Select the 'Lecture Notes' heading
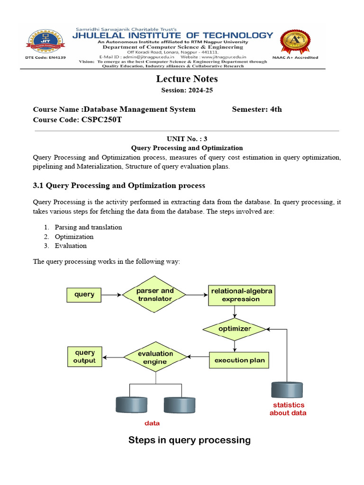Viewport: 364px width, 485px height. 187,79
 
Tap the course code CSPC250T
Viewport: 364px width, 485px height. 101,120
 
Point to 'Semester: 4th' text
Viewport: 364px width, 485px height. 257,109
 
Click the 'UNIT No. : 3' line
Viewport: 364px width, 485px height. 187,139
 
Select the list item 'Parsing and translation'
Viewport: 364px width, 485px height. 88,227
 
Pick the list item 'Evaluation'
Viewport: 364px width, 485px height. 71,246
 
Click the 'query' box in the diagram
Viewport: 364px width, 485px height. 84,295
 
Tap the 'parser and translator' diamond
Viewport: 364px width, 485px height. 155,295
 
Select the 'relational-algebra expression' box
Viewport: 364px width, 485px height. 241,295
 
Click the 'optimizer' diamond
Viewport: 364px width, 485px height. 235,329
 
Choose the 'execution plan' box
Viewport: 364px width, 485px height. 239,360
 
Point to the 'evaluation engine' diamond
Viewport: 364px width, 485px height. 155,358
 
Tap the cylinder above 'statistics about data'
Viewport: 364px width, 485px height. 287,389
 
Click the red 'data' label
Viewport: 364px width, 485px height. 152,423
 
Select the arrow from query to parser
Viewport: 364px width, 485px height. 111,295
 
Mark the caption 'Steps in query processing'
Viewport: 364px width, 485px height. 189,440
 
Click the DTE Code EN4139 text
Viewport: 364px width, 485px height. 45,58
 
